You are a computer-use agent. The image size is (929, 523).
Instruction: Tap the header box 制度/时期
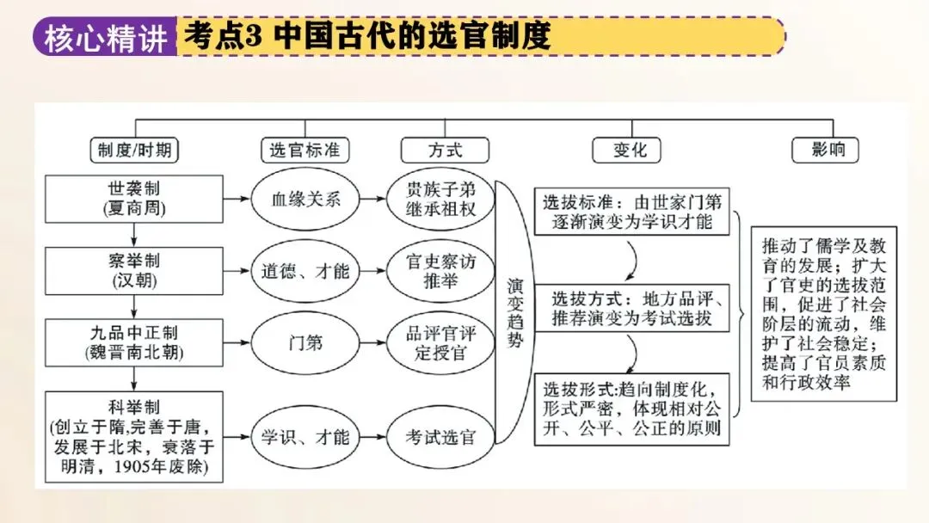(133, 150)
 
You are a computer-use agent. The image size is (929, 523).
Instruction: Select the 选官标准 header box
(305, 150)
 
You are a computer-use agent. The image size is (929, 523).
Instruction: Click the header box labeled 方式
(444, 150)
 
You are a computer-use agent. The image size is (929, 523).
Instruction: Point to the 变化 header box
(630, 150)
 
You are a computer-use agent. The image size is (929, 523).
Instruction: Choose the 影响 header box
(828, 150)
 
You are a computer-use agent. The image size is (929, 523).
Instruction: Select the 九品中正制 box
(133, 341)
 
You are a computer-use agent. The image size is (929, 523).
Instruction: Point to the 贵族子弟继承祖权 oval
(440, 199)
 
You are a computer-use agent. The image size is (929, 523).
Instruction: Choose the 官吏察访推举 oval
(440, 271)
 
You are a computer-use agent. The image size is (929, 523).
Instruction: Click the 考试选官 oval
(440, 436)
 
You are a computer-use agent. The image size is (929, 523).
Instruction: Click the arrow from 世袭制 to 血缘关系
(237, 199)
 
